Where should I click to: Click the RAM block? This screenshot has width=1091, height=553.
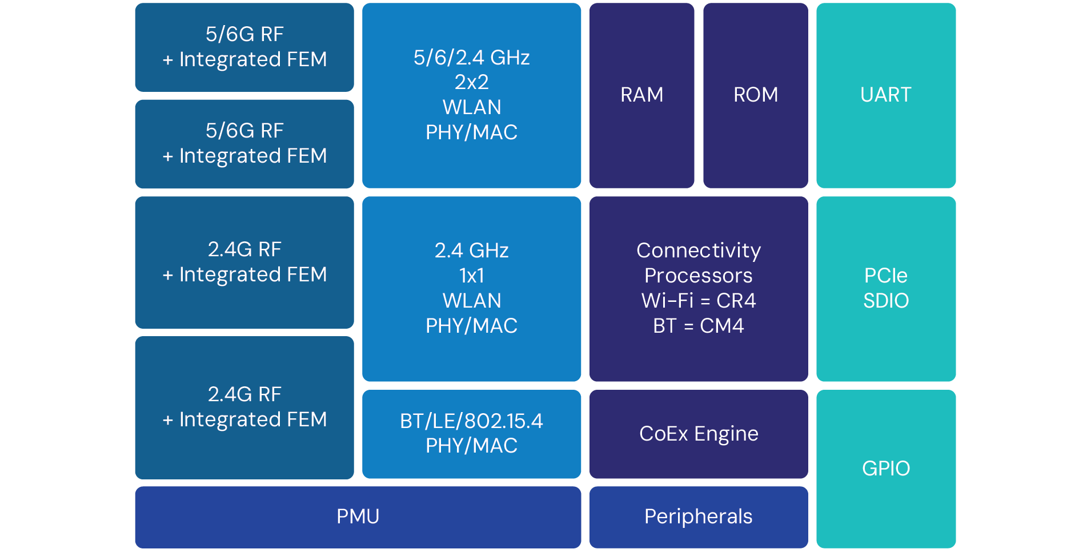click(x=641, y=95)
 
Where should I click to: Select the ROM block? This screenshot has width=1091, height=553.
click(x=755, y=95)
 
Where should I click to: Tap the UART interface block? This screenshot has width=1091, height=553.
click(x=885, y=95)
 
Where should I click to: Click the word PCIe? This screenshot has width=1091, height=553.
click(x=885, y=276)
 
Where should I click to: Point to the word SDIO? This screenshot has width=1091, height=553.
click(x=885, y=301)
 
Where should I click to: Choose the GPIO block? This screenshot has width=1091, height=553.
click(x=885, y=469)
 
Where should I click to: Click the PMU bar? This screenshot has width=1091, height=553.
click(x=358, y=516)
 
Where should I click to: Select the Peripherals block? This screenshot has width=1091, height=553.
click(x=698, y=516)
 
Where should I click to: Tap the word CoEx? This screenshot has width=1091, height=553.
click(x=663, y=434)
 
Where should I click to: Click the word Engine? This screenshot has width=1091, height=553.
click(x=726, y=434)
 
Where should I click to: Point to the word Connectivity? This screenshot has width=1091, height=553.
click(x=698, y=251)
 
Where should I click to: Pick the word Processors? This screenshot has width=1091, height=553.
click(x=698, y=276)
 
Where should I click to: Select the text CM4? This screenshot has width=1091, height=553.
click(x=721, y=326)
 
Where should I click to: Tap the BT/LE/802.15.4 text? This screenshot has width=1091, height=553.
click(x=471, y=421)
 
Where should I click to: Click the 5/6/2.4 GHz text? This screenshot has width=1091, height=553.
click(x=471, y=58)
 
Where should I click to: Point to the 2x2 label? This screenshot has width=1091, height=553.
click(x=471, y=82)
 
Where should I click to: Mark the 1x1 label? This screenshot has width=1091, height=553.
click(x=471, y=276)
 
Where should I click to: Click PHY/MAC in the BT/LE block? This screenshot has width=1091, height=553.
click(x=471, y=446)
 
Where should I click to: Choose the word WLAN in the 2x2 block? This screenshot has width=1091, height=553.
click(x=471, y=107)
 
